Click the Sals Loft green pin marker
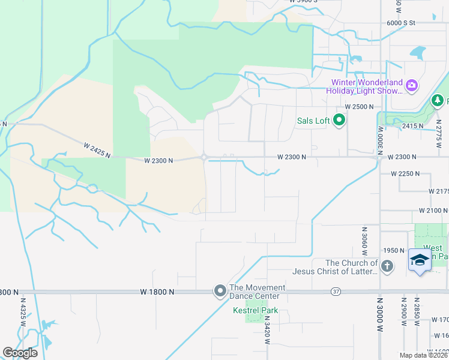coord(339,121)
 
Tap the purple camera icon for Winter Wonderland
coord(411,85)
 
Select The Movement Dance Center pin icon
coord(220,291)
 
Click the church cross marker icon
coord(387,266)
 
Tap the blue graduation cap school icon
coord(420,260)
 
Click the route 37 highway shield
coord(336,292)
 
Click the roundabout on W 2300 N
coord(204,157)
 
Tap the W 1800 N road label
coord(157,292)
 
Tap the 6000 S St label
coord(402,22)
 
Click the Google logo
coord(19,353)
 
